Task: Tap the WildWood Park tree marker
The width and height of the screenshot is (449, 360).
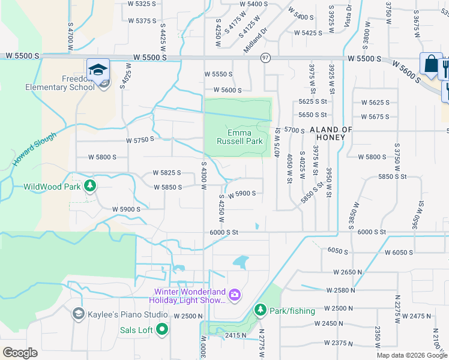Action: click(90, 186)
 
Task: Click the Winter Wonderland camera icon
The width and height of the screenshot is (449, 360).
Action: click(235, 295)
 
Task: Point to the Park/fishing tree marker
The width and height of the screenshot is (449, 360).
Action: click(260, 310)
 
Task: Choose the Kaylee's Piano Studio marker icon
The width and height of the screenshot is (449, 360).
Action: click(78, 314)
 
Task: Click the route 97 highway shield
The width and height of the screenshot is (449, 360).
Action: click(265, 58)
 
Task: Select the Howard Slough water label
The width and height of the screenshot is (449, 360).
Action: click(35, 149)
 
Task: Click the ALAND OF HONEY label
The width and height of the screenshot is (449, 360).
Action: click(331, 133)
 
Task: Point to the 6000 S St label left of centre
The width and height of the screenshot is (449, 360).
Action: click(224, 232)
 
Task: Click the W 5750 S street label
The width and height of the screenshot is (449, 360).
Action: click(140, 139)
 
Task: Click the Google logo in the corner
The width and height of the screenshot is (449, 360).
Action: click(20, 353)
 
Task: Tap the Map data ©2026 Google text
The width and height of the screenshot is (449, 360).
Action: click(412, 355)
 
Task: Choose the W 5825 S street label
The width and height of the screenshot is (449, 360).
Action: click(167, 173)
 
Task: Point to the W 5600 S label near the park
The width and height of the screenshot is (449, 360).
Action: click(223, 91)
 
